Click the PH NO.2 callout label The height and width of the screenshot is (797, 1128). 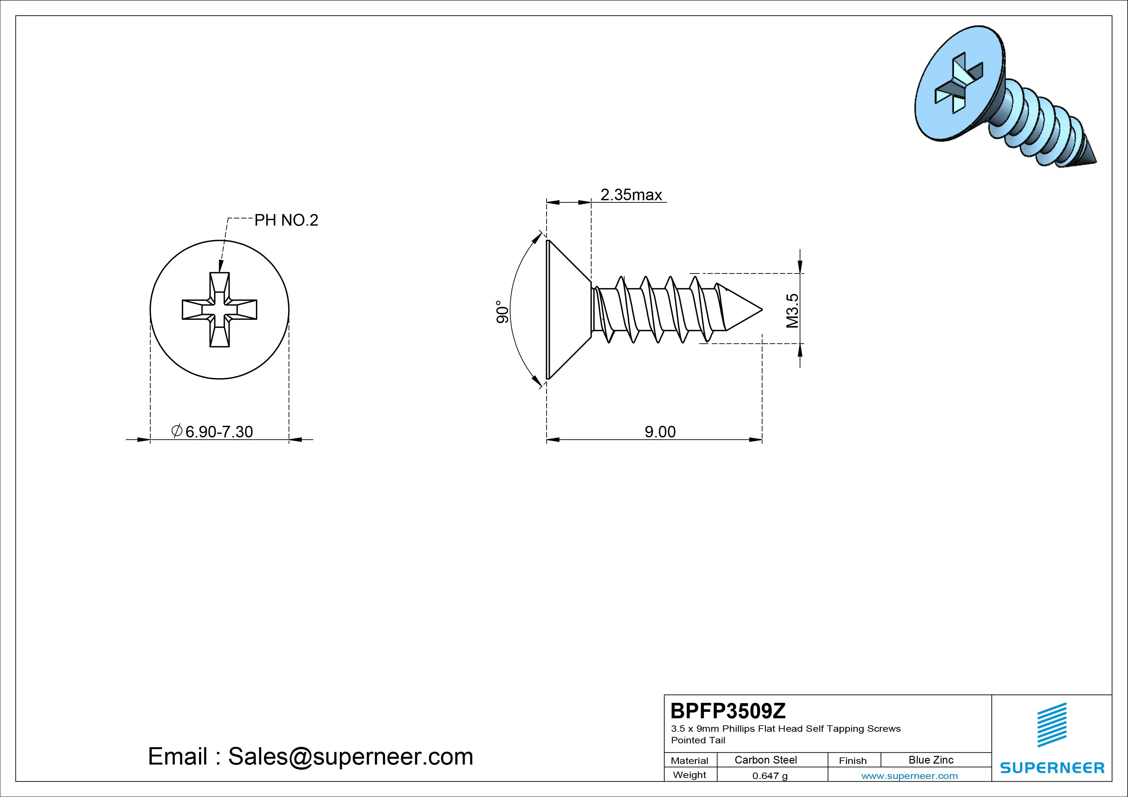286,220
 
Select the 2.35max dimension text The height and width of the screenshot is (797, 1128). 631,195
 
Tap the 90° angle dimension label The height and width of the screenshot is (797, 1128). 502,312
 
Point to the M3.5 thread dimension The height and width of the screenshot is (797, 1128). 792,310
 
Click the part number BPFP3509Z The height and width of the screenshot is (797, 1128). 728,711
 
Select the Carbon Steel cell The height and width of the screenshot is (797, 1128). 765,760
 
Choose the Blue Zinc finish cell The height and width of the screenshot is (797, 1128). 931,760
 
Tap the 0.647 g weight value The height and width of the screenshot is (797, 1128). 770,776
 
